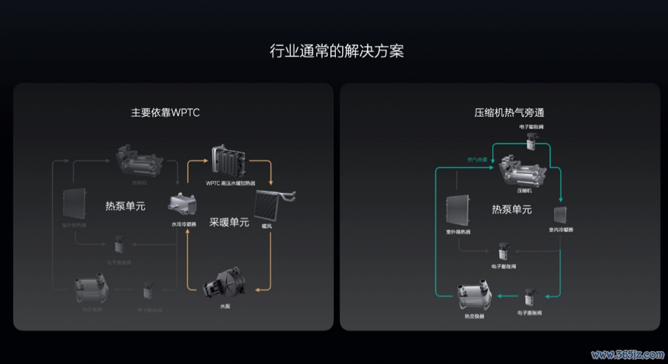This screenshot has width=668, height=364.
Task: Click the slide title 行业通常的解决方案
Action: click(x=336, y=51)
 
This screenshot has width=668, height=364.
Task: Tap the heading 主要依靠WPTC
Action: click(x=165, y=113)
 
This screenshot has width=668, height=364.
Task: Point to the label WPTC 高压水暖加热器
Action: click(x=230, y=184)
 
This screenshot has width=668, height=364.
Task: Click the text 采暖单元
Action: click(x=229, y=222)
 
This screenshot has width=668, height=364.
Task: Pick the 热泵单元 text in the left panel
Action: click(x=125, y=206)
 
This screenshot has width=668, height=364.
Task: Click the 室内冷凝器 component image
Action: click(x=560, y=215)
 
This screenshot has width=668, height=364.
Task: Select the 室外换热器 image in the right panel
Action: click(x=458, y=210)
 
